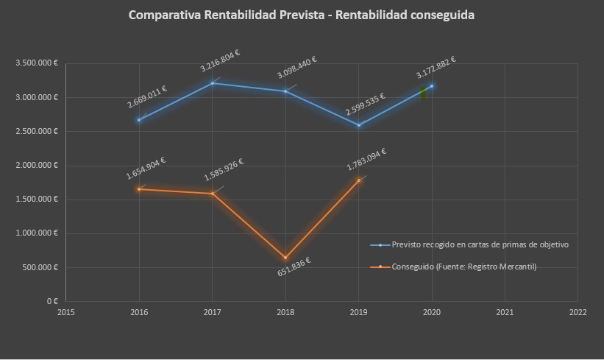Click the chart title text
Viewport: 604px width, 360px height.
(302, 15)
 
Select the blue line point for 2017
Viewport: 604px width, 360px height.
(213, 82)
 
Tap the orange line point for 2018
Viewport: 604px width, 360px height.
(285, 258)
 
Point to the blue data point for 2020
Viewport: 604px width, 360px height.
(432, 86)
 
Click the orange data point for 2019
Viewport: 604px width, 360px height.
(359, 180)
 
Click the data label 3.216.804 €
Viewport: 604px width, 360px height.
(221, 60)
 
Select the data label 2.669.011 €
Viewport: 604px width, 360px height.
(147, 99)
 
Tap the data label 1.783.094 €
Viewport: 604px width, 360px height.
(367, 160)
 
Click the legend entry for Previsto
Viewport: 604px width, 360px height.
(480, 244)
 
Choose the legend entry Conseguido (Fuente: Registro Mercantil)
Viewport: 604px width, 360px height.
(463, 267)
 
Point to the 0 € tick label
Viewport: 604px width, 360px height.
(51, 301)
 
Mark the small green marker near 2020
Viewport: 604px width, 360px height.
(423, 93)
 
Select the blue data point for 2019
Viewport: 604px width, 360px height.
(359, 125)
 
